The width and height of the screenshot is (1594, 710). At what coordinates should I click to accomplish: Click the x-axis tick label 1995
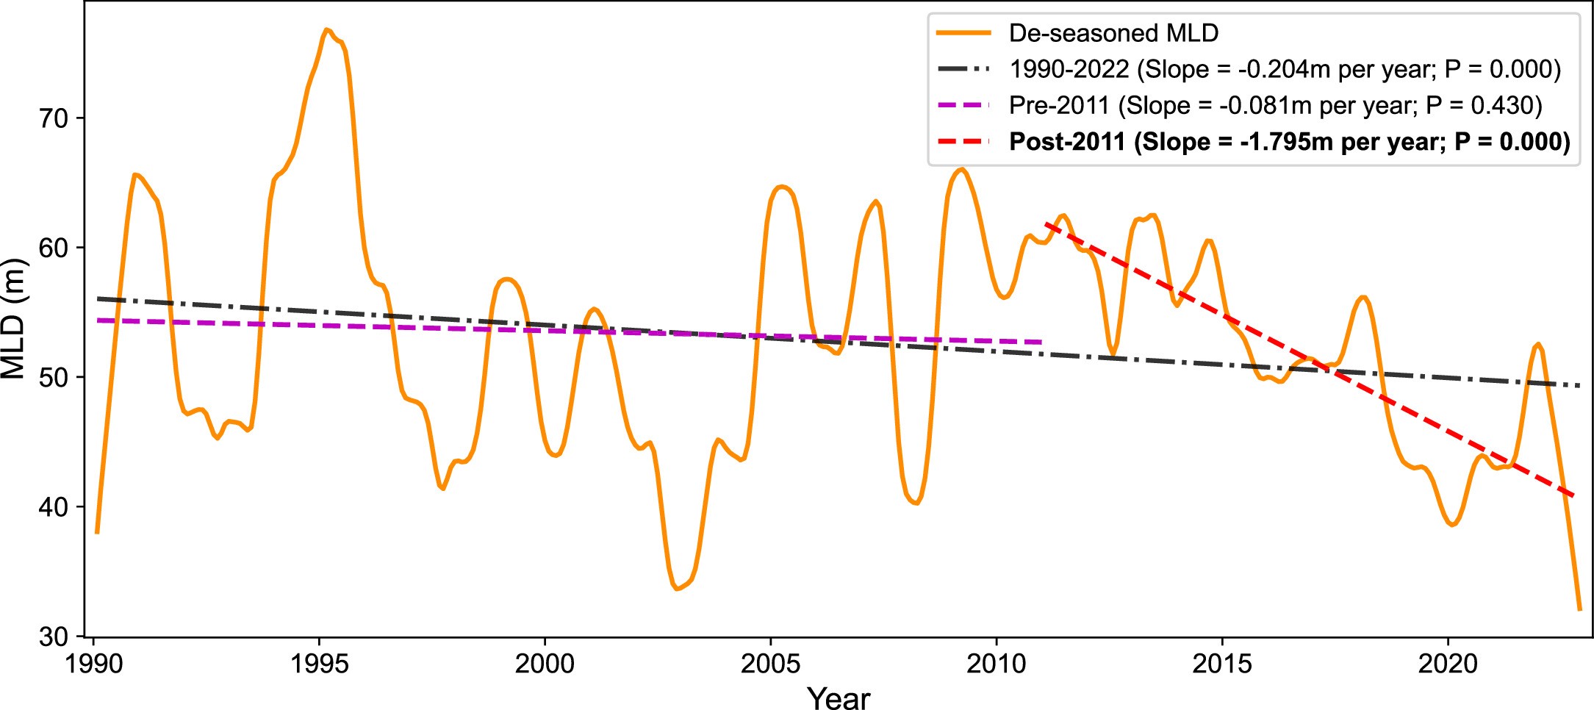coord(319,664)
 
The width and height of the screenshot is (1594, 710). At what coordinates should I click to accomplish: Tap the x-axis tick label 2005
coord(770,664)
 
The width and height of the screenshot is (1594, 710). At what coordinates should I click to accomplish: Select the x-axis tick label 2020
coord(1447,664)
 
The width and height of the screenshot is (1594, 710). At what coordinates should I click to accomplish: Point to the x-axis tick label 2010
coord(996,664)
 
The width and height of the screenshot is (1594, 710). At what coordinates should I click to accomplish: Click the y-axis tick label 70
coord(52,118)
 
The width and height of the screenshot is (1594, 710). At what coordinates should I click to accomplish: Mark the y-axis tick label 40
coord(52,507)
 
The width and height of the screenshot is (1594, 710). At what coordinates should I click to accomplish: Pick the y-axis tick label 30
coord(52,637)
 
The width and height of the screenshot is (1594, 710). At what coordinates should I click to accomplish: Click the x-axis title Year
coord(838,697)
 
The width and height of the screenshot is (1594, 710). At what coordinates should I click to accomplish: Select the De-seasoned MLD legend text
coord(1113,33)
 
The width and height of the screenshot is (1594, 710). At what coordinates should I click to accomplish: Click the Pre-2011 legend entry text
coord(1275,105)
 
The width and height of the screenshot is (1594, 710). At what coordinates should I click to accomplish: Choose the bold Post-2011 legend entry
coord(1289,141)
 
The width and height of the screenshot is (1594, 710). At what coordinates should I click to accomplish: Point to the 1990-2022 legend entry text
coord(1285,69)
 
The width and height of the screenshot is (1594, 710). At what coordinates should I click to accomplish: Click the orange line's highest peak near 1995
coord(326,30)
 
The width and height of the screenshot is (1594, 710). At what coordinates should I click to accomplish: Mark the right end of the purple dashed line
coord(1041,342)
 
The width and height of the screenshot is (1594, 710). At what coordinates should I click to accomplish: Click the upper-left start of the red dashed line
coord(1046,225)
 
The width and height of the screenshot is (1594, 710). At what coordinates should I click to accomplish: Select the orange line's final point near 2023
coord(1579,609)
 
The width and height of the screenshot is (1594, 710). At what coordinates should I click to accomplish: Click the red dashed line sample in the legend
coord(963,141)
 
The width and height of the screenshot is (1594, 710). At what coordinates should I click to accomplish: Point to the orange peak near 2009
coord(961,169)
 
